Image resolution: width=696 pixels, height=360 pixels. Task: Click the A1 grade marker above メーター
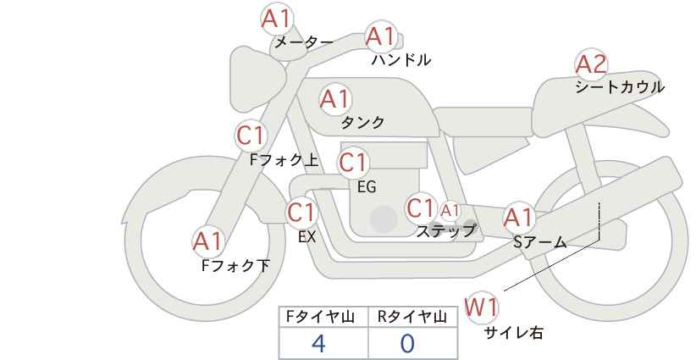pos(277,19)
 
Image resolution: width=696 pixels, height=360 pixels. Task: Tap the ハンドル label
pos(401,59)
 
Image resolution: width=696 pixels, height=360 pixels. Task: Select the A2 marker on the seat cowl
pos(591,64)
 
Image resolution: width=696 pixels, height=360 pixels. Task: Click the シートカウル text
pos(620,86)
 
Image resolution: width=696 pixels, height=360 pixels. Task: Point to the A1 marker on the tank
pos(335,99)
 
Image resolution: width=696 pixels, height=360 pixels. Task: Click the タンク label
pos(362,123)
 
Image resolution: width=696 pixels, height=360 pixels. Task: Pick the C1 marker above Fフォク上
pos(251,136)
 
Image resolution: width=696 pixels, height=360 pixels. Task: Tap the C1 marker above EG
pos(353,163)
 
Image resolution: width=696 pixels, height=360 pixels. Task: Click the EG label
pos(367,187)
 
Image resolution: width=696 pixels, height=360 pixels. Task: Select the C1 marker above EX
pos(301,213)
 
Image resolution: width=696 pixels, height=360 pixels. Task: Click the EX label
pos(307,237)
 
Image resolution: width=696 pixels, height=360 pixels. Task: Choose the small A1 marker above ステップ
pos(450,210)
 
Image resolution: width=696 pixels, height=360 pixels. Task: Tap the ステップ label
pos(445,231)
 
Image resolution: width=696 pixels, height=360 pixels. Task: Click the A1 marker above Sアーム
pos(519,218)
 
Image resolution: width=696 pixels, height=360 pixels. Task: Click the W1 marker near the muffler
pos(481,307)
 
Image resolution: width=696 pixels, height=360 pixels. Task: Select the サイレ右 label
pos(513,332)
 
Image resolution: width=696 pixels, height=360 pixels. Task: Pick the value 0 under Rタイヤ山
pos(407,344)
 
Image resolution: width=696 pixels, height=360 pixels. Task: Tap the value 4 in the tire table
pos(318,344)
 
